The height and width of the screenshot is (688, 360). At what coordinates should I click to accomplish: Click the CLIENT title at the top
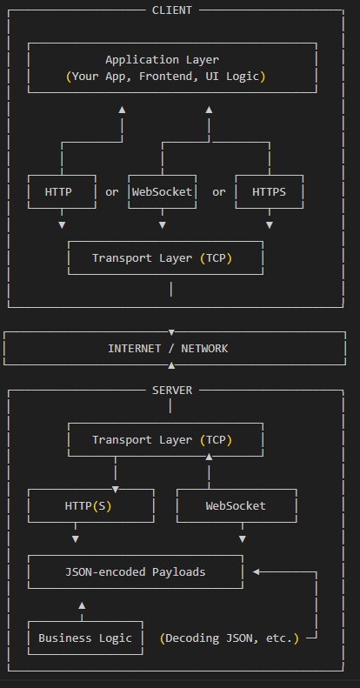click(x=172, y=10)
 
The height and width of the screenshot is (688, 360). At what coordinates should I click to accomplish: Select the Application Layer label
click(x=162, y=60)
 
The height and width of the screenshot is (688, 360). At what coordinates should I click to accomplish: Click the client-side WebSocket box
click(x=162, y=191)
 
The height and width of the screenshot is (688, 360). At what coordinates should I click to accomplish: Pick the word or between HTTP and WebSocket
click(x=112, y=191)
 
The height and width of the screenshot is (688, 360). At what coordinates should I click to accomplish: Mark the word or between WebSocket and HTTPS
click(x=218, y=191)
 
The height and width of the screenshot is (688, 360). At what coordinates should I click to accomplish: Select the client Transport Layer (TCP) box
click(x=165, y=258)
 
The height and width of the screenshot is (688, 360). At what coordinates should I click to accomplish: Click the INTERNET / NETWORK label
click(x=168, y=348)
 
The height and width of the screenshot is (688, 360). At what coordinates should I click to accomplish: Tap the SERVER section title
click(x=172, y=391)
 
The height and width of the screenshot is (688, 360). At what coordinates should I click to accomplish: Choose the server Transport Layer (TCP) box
click(x=165, y=440)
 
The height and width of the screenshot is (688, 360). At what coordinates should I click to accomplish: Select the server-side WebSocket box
click(x=236, y=505)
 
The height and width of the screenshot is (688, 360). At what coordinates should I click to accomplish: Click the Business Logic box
click(x=85, y=638)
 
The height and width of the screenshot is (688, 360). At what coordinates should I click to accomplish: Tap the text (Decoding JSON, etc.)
click(x=230, y=638)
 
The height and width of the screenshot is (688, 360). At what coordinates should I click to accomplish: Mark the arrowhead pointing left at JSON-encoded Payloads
click(x=257, y=571)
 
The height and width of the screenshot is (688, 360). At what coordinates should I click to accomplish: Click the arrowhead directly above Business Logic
click(x=82, y=604)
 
